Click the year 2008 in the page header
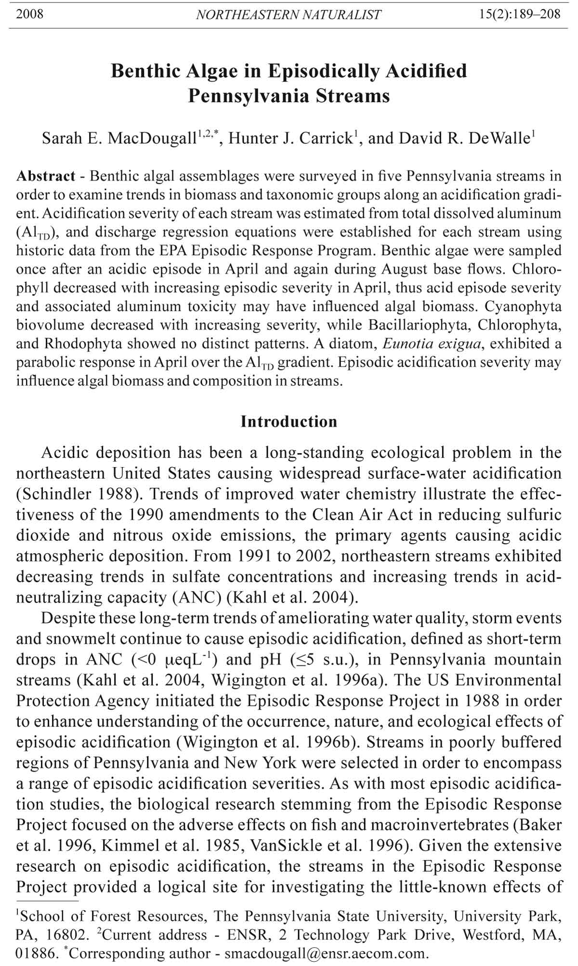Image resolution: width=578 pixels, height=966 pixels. click(x=30, y=14)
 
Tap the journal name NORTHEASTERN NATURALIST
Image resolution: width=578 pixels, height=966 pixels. click(x=289, y=15)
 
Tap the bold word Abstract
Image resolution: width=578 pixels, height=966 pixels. click(x=46, y=176)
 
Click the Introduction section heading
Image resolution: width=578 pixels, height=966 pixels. click(x=289, y=421)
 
